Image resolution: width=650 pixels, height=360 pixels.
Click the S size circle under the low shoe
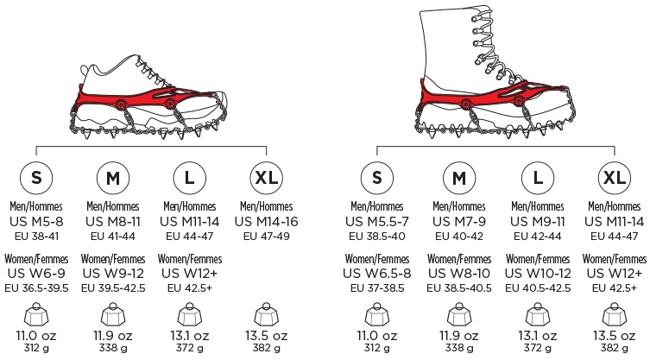click(36, 178)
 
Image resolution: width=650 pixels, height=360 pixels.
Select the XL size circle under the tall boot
click(615, 178)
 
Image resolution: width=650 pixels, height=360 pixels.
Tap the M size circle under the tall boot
click(459, 178)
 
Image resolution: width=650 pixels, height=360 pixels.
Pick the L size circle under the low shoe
click(189, 178)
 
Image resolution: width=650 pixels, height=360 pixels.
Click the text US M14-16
click(266, 222)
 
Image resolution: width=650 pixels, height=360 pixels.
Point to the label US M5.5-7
click(377, 222)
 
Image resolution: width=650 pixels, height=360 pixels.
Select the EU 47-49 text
click(266, 237)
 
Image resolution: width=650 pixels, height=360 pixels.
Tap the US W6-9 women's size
click(36, 274)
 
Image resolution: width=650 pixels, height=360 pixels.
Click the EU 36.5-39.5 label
click(36, 288)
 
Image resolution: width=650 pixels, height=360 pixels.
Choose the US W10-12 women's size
click(538, 274)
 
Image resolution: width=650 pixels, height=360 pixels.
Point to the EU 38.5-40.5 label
click(459, 288)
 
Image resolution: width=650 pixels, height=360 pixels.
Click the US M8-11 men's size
click(113, 222)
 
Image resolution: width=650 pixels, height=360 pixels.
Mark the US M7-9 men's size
click(459, 222)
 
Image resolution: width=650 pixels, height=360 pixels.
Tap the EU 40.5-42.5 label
click(538, 288)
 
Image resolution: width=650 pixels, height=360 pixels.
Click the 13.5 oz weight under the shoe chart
click(266, 336)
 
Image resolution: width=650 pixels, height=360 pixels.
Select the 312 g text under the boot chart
click(377, 348)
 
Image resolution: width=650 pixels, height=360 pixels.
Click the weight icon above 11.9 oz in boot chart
click(459, 315)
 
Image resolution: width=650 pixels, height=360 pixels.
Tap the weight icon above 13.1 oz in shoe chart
click(189, 315)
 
